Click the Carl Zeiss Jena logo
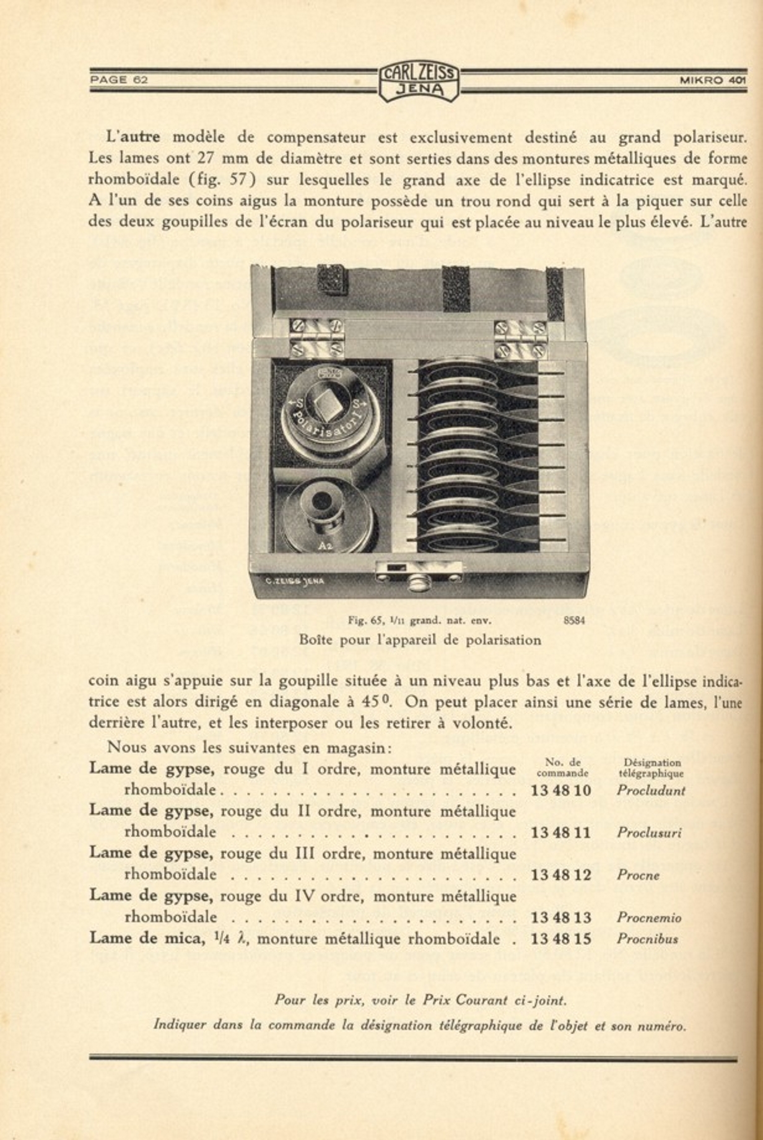419,82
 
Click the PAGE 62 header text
119,79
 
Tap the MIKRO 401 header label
712,79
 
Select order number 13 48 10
560,790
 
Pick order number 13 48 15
560,938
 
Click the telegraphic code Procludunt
650,790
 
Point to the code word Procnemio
648,918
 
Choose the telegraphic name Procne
638,875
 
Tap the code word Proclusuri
648,833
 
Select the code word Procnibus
647,939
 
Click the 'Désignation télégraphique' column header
651,768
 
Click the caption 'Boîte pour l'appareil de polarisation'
420,639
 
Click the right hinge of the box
520,340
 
